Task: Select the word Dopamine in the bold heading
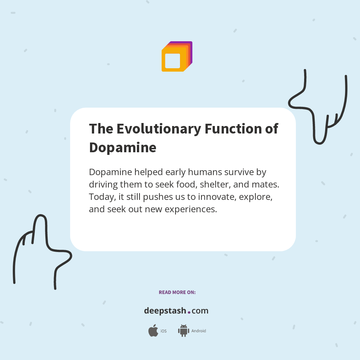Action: pos(123,147)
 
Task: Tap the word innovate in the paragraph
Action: pos(216,197)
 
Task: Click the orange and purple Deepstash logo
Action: pos(177,57)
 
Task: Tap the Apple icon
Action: pos(153,331)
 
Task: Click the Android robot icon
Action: pos(183,331)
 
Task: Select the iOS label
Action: pos(163,331)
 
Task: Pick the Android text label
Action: pos(199,331)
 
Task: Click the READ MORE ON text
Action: pos(177,292)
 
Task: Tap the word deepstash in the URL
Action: pos(165,311)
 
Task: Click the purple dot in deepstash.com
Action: pos(189,312)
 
